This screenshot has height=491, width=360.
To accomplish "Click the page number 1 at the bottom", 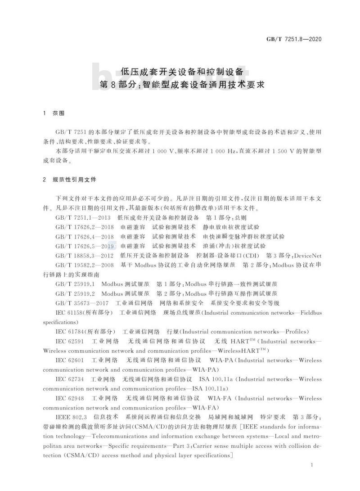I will pos(312,465).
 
